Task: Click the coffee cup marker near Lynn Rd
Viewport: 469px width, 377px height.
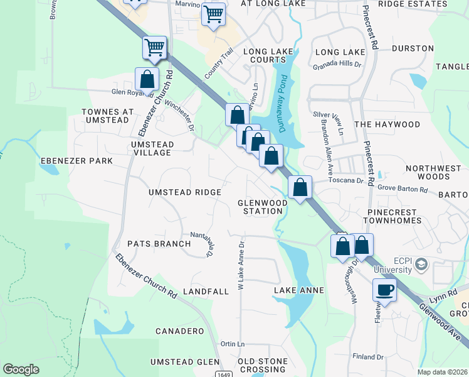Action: (x=384, y=290)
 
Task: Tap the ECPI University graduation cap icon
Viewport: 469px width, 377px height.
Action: (x=421, y=265)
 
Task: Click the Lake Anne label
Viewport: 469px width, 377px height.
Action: (x=299, y=290)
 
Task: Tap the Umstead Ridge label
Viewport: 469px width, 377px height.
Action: (x=184, y=192)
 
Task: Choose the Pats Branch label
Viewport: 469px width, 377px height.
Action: (x=159, y=244)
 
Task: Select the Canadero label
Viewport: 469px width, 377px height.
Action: (x=179, y=331)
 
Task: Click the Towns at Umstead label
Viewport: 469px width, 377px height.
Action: (x=108, y=116)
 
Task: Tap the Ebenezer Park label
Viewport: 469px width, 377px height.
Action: (x=76, y=161)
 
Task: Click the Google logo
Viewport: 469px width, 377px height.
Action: (x=21, y=369)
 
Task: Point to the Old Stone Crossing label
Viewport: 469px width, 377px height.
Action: (x=262, y=366)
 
